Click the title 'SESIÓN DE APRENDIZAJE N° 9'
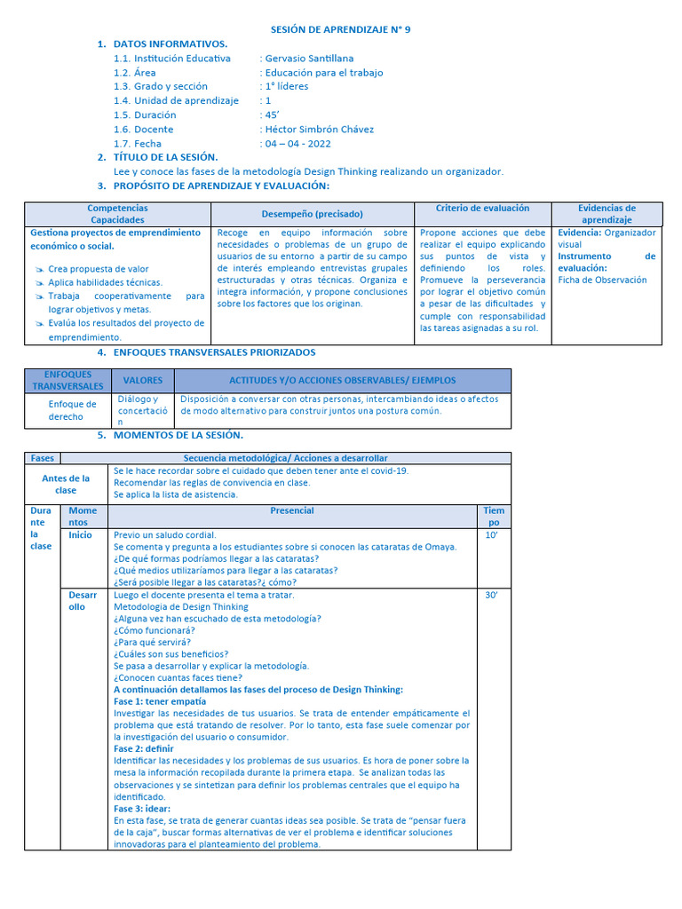point(340,29)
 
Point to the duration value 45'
point(272,115)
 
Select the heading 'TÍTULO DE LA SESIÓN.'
point(166,157)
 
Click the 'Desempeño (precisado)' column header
point(312,214)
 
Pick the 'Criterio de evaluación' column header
point(482,209)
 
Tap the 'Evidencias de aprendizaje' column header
point(607,214)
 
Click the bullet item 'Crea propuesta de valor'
point(99,269)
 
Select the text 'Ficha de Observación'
point(602,280)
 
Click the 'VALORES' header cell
point(143,380)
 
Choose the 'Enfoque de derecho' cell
point(72,410)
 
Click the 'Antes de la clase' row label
point(66,484)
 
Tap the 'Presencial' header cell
point(292,510)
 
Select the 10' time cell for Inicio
point(491,535)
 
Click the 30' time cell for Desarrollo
point(491,595)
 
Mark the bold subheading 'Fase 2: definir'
point(144,748)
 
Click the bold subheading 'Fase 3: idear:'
point(143,809)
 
